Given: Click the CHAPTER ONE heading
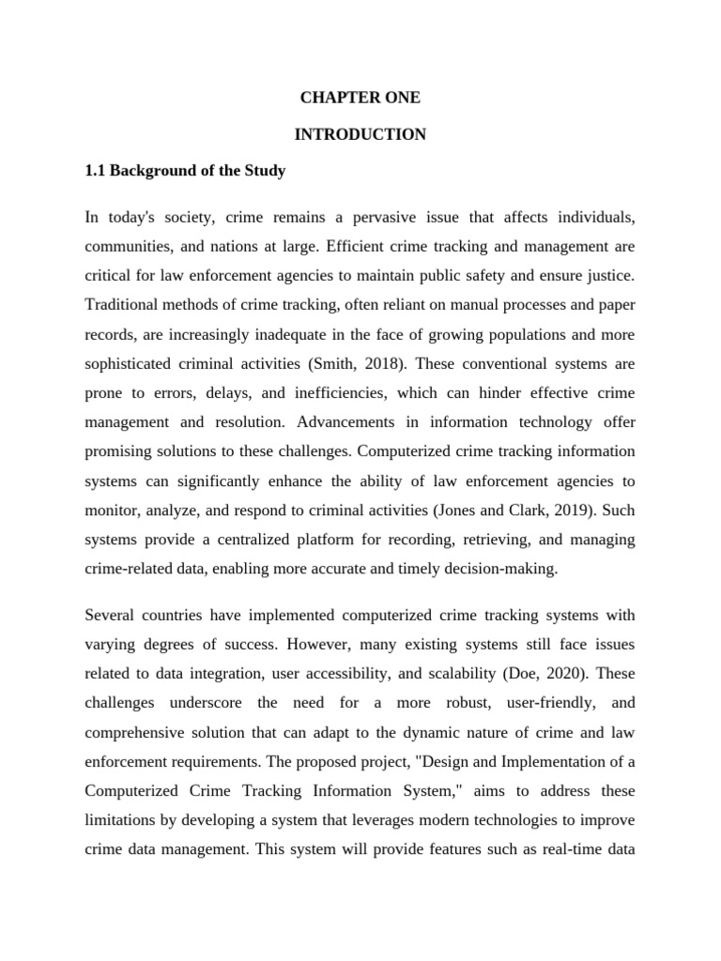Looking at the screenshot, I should pos(360,98).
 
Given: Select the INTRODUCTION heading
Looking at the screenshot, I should pos(360,134).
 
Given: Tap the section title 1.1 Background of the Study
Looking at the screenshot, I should pos(185,172).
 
